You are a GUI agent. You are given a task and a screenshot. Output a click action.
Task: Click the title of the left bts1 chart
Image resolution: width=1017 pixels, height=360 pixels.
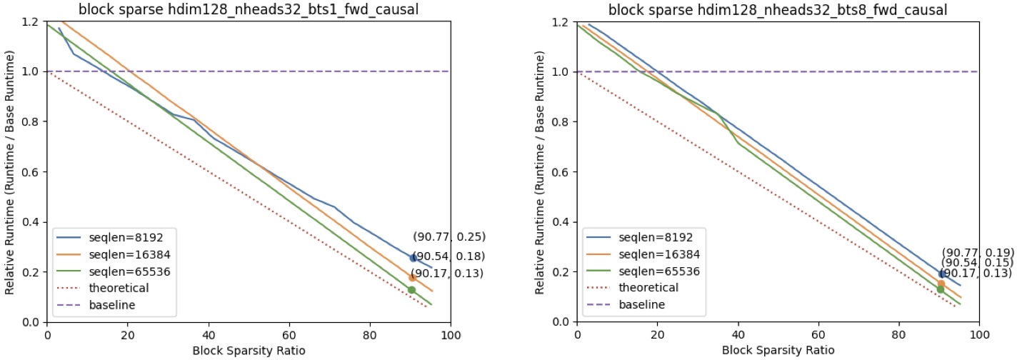coord(249,10)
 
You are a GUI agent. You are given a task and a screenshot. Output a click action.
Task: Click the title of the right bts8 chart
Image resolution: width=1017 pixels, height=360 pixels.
coord(778,10)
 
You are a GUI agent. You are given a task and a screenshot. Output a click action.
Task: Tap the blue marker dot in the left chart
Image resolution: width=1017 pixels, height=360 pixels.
coord(413,259)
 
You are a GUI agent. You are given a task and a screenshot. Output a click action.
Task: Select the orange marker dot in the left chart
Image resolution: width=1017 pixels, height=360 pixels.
coord(412,277)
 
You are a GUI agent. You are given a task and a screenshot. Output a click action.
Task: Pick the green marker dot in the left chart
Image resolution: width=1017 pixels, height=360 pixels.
coord(411,289)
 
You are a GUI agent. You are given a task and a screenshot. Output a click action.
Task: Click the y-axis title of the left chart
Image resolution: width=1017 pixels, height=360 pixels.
coord(10,171)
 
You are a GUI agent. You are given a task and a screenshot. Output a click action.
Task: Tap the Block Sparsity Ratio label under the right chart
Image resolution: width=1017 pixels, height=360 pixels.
coord(778,350)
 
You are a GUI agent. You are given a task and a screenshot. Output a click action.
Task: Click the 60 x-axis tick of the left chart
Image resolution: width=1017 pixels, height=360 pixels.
coord(289,334)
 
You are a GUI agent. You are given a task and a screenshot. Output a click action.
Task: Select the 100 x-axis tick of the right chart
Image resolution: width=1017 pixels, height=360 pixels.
coord(979,334)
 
